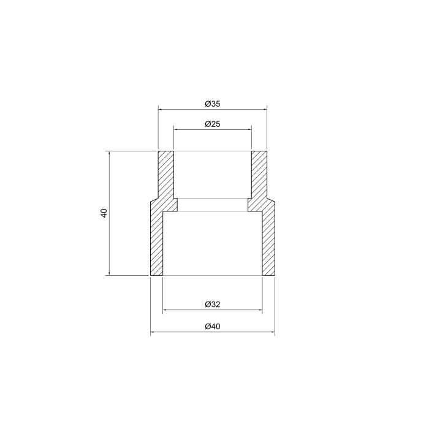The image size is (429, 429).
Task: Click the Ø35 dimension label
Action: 213,104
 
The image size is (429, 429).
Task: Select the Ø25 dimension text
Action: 213,124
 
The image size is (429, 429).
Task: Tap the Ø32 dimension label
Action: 213,304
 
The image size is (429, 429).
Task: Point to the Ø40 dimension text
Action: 213,327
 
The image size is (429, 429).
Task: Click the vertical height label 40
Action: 104,213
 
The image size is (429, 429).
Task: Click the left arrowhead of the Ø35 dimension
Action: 161,110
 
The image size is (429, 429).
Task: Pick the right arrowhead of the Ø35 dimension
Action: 265,110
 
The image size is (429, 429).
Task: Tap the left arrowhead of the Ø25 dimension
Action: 176,129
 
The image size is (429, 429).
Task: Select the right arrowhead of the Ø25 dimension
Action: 249,129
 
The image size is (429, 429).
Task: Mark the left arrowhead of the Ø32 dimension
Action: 165,310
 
